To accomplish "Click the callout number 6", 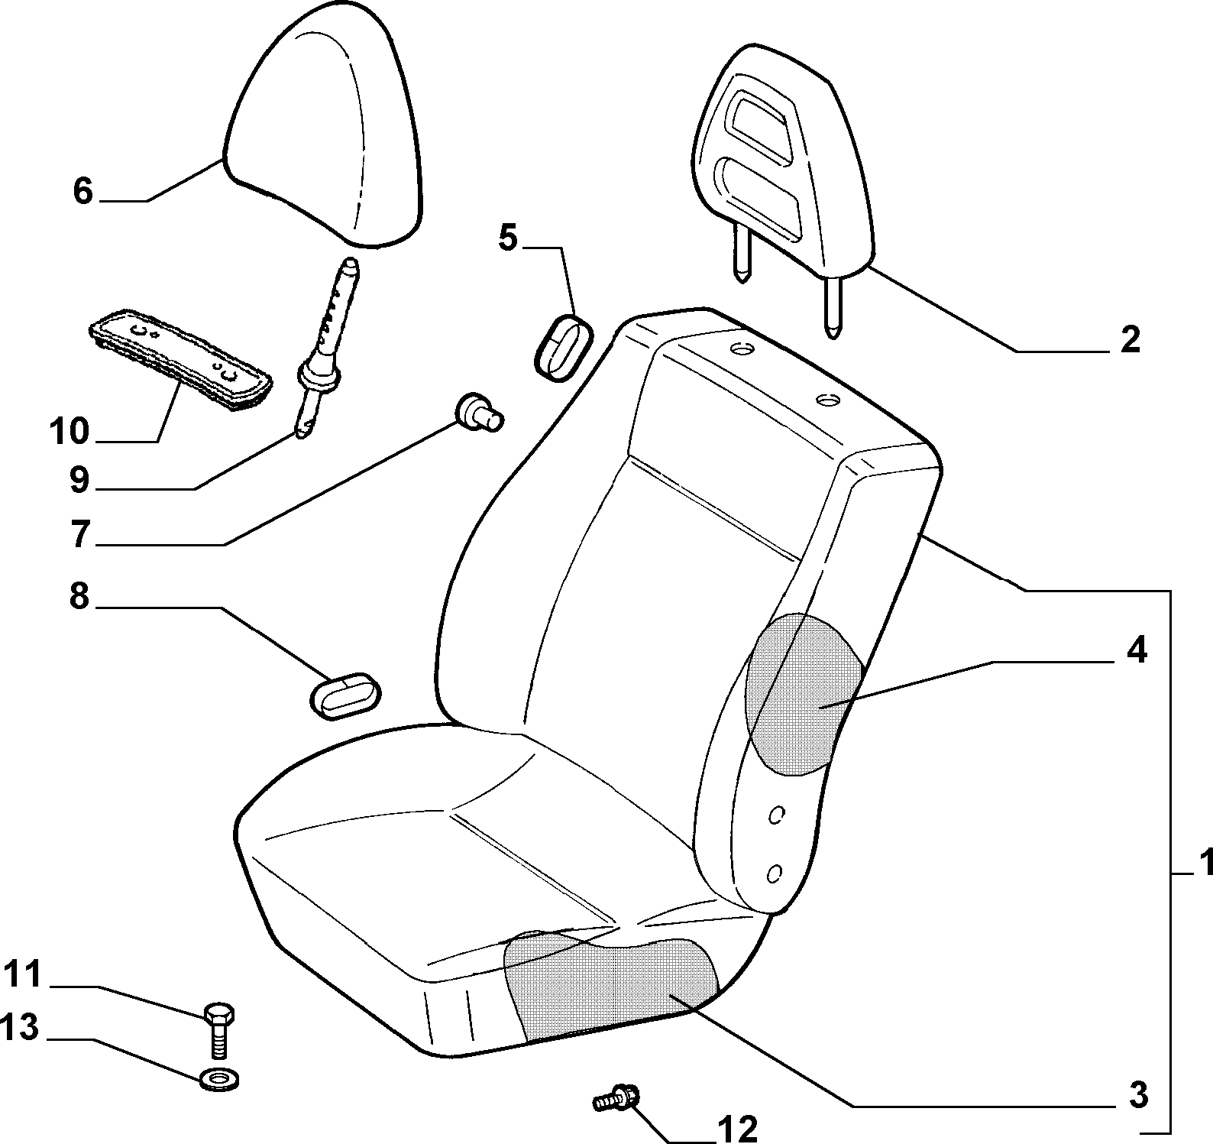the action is click(x=82, y=190).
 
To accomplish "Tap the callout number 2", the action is click(x=1130, y=339).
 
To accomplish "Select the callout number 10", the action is click(x=70, y=432).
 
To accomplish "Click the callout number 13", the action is click(x=19, y=1029).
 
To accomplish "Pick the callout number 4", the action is click(x=1137, y=650).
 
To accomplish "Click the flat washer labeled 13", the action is click(x=218, y=1081).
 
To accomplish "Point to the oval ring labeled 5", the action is click(x=564, y=347).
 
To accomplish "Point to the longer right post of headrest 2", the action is click(x=833, y=306).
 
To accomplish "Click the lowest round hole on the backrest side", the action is click(x=775, y=873).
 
